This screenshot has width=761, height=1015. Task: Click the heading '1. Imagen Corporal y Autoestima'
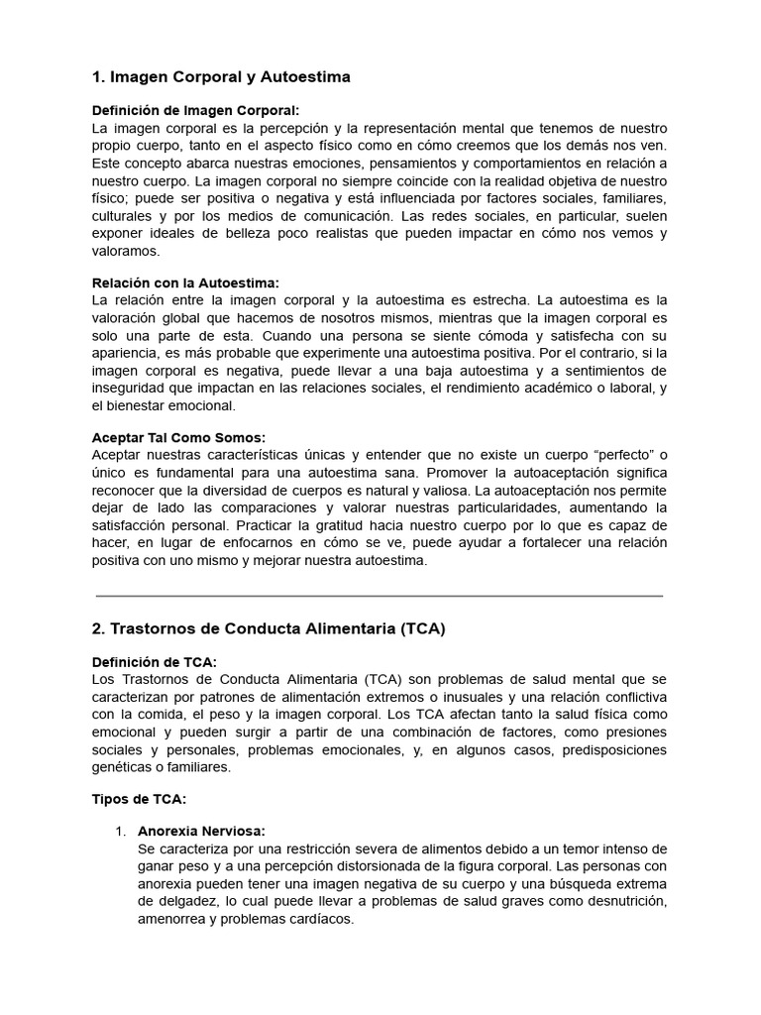pyautogui.click(x=221, y=76)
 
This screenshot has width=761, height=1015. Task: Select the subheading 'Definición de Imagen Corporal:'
pyautogui.click(x=195, y=111)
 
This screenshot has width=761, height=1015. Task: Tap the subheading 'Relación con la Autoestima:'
pyautogui.click(x=185, y=282)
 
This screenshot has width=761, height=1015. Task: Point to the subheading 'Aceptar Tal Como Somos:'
pyautogui.click(x=178, y=437)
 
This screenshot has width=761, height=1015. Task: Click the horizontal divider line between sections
pyautogui.click(x=380, y=596)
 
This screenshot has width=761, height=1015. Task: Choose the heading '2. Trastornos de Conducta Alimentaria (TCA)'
pyautogui.click(x=269, y=628)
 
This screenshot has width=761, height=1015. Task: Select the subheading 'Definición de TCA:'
pyautogui.click(x=154, y=662)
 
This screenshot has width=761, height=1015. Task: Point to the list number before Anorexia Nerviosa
pyautogui.click(x=122, y=832)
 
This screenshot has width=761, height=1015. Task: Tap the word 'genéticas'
pyautogui.click(x=123, y=767)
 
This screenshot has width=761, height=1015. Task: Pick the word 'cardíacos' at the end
pyautogui.click(x=321, y=919)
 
